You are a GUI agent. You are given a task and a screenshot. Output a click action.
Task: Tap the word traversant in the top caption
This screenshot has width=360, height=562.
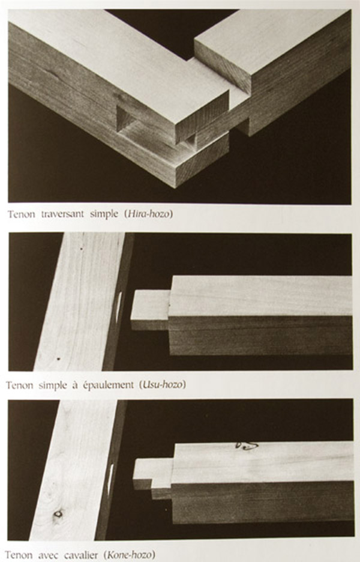point(62,214)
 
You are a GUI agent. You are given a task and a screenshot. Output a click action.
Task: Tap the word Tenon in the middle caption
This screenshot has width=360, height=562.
point(20,385)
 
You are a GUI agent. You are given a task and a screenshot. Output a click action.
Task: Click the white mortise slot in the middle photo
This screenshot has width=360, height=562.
point(119,306)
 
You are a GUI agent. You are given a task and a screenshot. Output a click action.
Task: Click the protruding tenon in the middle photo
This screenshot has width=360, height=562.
point(151,310)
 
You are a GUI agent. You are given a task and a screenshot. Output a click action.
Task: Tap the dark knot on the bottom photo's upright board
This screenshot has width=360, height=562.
point(58,514)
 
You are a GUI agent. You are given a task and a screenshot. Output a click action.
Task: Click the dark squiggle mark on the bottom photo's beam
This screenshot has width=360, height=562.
point(247,446)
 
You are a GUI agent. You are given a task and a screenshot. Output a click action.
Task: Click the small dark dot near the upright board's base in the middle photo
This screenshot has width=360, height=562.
point(58,358)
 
